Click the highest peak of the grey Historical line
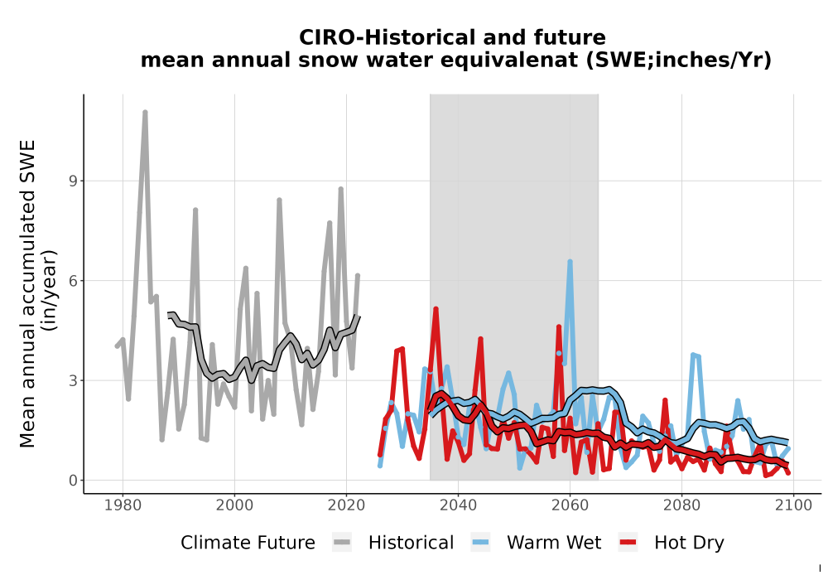click(145, 113)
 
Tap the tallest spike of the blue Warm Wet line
click(570, 262)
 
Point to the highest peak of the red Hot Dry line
click(436, 309)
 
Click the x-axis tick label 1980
click(123, 505)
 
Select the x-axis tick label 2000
click(234, 505)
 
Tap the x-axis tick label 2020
click(346, 505)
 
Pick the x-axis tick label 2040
click(459, 505)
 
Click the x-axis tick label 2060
click(570, 505)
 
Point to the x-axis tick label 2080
click(681, 505)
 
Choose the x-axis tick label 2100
click(793, 505)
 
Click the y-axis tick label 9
click(73, 181)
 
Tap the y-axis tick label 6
click(73, 281)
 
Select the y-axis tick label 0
click(73, 481)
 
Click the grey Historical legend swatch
click(342, 543)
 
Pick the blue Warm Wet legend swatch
click(480, 543)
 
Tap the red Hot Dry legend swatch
click(628, 543)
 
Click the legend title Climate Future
click(248, 543)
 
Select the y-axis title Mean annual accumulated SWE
click(27, 293)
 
